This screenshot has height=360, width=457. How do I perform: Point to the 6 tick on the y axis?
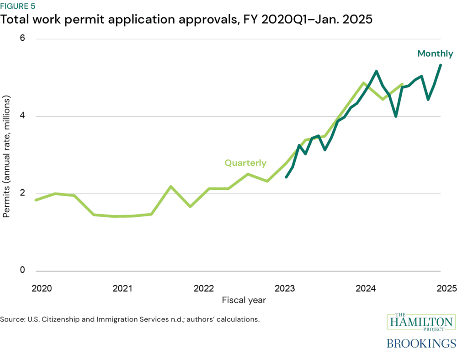tap(21, 39)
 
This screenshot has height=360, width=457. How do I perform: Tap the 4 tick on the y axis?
tap(21, 116)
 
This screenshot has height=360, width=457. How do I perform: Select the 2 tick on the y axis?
tap(21, 193)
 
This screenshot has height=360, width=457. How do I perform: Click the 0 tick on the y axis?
tap(21, 270)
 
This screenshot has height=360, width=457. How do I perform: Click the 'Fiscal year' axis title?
tap(244, 301)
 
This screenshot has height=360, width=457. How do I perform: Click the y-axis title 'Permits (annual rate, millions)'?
tap(6, 156)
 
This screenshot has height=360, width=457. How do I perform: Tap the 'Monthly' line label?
tap(435, 54)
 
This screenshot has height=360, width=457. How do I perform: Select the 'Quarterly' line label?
tap(245, 163)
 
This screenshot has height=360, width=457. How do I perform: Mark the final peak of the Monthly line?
tap(441, 65)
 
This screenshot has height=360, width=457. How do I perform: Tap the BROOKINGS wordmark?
tap(421, 343)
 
